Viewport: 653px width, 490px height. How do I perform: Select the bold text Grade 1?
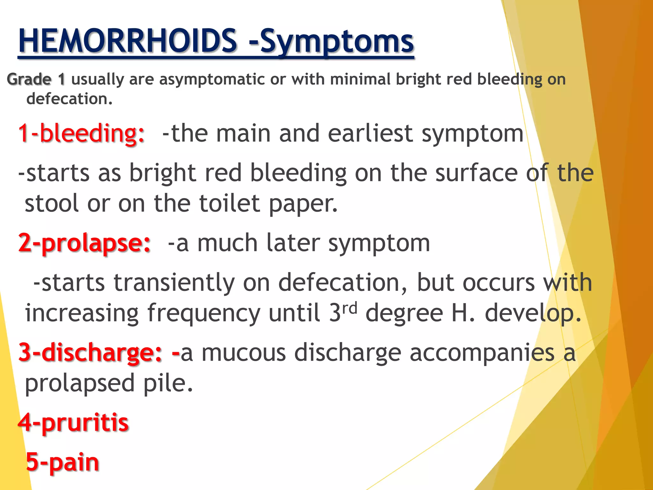coord(36,79)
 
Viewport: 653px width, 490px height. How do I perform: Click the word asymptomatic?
coord(212,80)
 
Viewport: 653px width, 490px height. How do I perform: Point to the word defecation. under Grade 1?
coord(70,99)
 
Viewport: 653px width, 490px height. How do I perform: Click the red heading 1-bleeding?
coord(81,133)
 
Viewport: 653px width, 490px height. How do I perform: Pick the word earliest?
coord(370,133)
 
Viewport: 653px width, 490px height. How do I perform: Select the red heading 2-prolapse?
coord(84,243)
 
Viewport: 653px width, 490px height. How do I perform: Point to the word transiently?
coord(174,283)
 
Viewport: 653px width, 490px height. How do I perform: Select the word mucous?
coord(244,353)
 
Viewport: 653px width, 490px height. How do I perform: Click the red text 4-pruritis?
coord(73,423)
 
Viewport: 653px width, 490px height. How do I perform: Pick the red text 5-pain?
coord(62,462)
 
